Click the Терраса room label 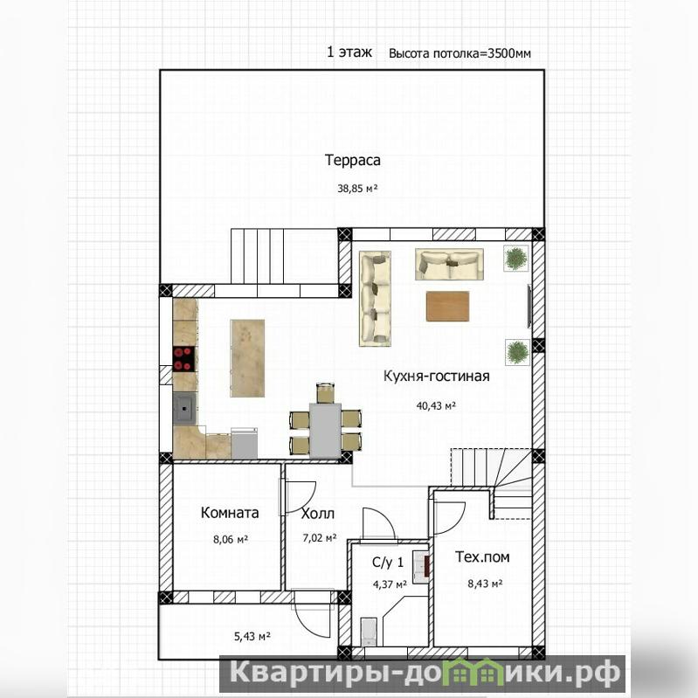coord(353,160)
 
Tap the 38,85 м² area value coord(357,189)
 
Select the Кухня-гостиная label coord(436,377)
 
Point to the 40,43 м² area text coord(436,405)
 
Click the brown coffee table coord(448,306)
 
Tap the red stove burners coord(183,359)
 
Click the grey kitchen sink coord(184,407)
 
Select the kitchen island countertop coord(247,358)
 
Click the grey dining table coord(325,431)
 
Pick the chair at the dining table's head coord(325,393)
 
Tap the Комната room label coord(230,513)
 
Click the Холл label coord(317,514)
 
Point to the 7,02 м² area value coord(319,538)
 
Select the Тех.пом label coord(482,556)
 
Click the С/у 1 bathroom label coord(388,563)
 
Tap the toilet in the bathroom coord(369,632)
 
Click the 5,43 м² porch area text coord(252,637)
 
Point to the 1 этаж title coord(349,52)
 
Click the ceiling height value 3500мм coord(509,53)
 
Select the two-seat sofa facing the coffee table coord(449,264)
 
